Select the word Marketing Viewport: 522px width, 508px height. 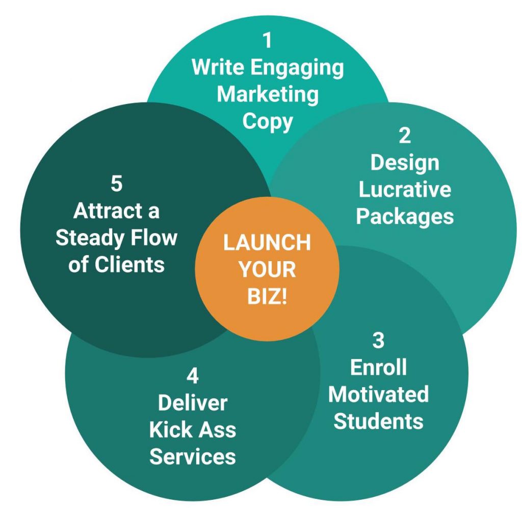coord(268,95)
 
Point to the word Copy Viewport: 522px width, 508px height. coord(268,122)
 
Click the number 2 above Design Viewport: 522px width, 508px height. coord(404,135)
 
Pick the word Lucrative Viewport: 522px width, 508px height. coord(404,189)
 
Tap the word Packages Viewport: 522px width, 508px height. coord(404,216)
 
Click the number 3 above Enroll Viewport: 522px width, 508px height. coord(378,341)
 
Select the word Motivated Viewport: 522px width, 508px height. coord(378,394)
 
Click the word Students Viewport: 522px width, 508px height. coord(378,421)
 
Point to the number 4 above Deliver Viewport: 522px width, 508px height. coord(192,376)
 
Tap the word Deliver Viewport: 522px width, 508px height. coord(192,403)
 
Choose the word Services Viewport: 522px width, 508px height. coord(192,456)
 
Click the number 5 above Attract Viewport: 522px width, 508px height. coord(116,184)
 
